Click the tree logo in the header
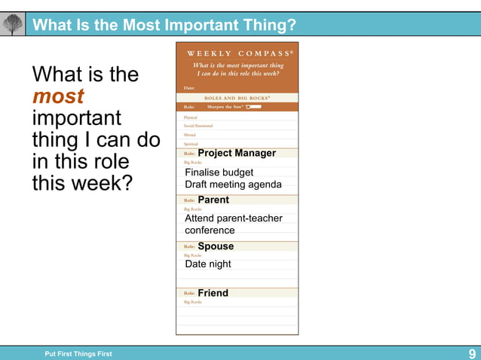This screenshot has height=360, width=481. point(13,25)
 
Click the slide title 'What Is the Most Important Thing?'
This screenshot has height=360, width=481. point(164,26)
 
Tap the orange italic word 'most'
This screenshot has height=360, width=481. point(58,96)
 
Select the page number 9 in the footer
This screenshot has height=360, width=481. point(472,354)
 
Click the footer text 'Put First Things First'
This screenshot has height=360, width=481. point(78,354)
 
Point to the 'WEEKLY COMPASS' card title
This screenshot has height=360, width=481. point(237,53)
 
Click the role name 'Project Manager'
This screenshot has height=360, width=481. point(237,153)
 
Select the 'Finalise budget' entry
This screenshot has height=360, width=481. point(219,172)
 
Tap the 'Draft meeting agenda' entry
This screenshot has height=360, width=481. point(233,185)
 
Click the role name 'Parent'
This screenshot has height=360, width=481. point(213,200)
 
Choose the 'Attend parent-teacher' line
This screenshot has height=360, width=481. point(234,218)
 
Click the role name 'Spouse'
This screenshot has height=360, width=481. point(216,246)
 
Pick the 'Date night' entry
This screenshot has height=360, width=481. point(208,264)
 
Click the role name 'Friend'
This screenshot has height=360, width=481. point(213,293)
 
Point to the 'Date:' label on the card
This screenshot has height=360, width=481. point(189,88)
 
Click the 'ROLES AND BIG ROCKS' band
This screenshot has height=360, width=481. point(237,98)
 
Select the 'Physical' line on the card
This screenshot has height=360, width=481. point(191,117)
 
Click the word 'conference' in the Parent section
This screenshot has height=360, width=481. point(210,230)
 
